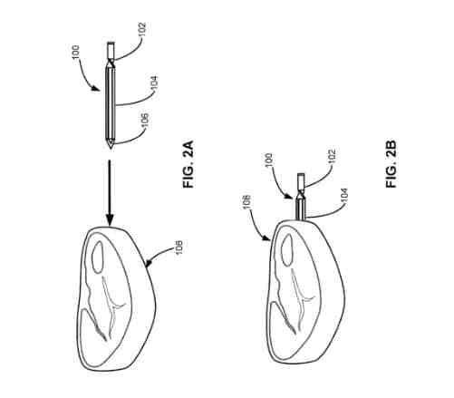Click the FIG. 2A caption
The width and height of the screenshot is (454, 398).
click(188, 164)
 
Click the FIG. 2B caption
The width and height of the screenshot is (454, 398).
click(391, 164)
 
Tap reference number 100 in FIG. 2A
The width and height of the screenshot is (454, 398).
click(76, 52)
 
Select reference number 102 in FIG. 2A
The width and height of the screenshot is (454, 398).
click(142, 30)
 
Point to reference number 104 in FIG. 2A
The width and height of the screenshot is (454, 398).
click(154, 83)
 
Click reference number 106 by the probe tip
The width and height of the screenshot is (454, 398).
click(145, 121)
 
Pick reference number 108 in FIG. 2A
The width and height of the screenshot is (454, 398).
click(179, 248)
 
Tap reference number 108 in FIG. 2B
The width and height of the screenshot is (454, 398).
click(246, 202)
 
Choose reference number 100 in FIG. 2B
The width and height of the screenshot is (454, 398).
click(269, 160)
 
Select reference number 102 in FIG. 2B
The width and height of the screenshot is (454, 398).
click(332, 156)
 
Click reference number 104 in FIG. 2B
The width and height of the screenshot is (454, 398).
click(344, 195)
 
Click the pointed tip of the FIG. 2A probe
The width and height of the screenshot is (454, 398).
click(111, 149)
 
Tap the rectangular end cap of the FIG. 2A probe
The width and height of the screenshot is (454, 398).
click(111, 50)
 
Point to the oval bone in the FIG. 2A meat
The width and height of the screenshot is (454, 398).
click(97, 257)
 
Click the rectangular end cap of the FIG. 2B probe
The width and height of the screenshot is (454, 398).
click(301, 180)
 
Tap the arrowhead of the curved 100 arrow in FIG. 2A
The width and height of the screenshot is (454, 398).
click(97, 89)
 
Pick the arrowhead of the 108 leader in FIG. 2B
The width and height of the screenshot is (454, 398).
click(267, 239)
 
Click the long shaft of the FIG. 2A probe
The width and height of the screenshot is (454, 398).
click(111, 102)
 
